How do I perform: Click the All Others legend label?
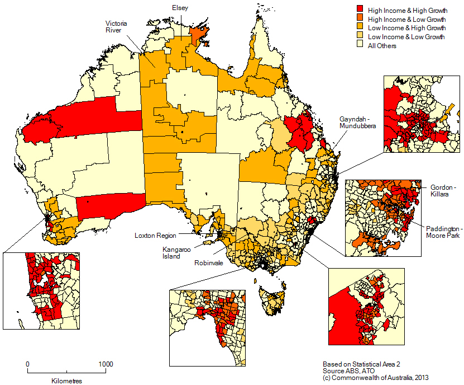(382, 45)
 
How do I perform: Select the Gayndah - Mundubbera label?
(357, 123)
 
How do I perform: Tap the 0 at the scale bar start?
(27, 364)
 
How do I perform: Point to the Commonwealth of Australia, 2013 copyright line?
(375, 378)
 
